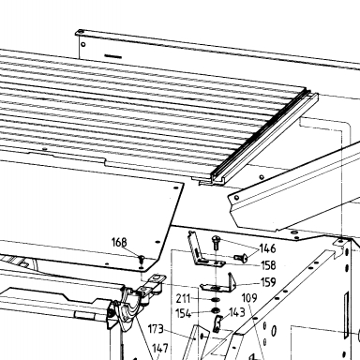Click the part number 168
[x=119, y=242]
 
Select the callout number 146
[x=267, y=248]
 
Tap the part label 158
[x=268, y=265]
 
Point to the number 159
[x=268, y=282]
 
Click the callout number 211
[x=183, y=298]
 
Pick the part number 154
[x=183, y=313]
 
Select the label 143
[x=237, y=312]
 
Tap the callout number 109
[x=249, y=298]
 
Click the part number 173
[x=156, y=329]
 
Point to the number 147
[x=160, y=348]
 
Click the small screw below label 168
[x=142, y=259]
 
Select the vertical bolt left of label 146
[x=216, y=243]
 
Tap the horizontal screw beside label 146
[x=241, y=257]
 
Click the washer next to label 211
[x=215, y=300]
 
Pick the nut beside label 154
[x=215, y=311]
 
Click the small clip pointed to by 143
[x=217, y=323]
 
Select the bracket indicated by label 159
[x=218, y=284]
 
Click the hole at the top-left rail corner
[x=80, y=32]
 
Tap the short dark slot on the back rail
[x=112, y=56]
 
